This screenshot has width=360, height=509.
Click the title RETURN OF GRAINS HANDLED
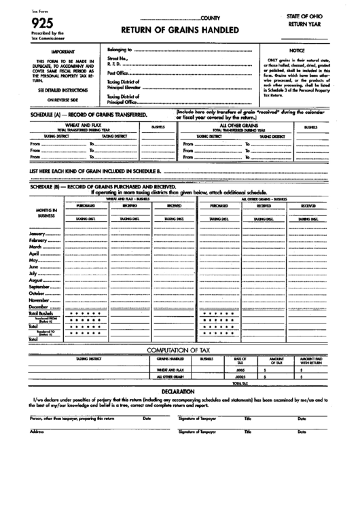pyautogui.click(x=179, y=31)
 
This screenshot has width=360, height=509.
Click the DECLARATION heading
pyautogui.click(x=180, y=392)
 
